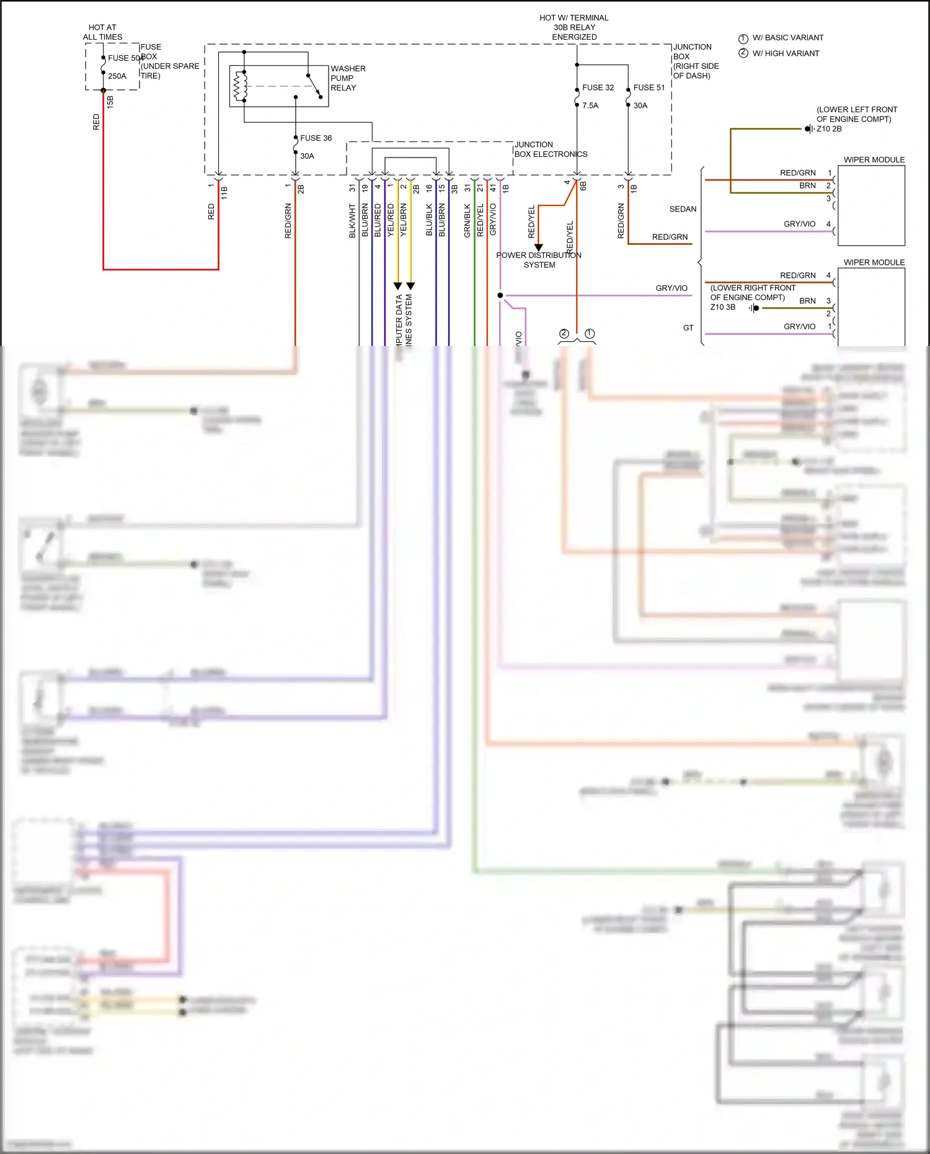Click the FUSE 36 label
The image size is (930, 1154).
click(316, 138)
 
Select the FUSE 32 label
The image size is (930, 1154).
click(598, 87)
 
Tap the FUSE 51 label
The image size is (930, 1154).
click(649, 87)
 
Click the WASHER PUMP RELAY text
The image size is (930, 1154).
click(347, 78)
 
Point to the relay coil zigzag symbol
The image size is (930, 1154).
click(239, 86)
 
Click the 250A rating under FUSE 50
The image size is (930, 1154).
click(117, 76)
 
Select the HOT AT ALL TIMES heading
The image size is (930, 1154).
click(102, 32)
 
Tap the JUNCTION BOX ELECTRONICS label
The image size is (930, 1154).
click(550, 149)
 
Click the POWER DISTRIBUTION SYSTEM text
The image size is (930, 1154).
click(539, 260)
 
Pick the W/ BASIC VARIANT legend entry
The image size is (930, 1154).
click(787, 38)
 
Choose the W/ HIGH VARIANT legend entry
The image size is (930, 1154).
click(786, 53)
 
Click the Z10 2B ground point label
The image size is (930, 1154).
click(829, 129)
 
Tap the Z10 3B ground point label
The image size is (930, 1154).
click(723, 307)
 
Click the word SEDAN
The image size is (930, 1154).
click(683, 210)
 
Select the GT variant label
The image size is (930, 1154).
click(688, 328)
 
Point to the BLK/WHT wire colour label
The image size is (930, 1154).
click(352, 221)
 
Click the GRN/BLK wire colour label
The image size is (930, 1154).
click(467, 221)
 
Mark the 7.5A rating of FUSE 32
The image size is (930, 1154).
click(590, 106)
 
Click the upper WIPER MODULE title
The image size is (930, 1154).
click(874, 160)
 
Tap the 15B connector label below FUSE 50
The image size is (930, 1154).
click(110, 102)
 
